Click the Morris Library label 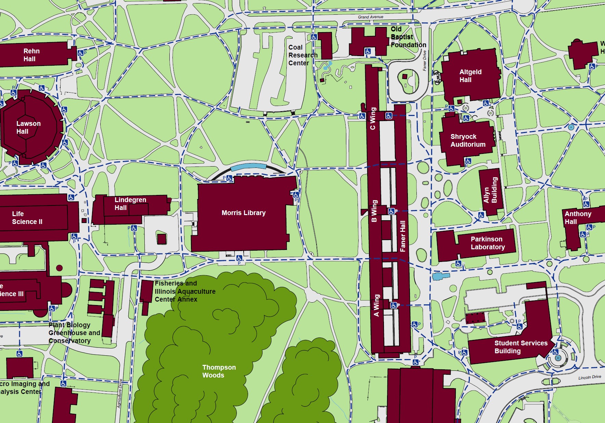coord(243,213)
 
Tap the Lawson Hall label coord(28,127)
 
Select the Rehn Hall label coord(31,55)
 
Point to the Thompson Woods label coord(219,371)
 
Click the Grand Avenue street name coord(371,17)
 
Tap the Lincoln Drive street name coord(590,377)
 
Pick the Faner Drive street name coord(425,61)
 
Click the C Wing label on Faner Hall coord(373,119)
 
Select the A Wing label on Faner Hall coord(376,305)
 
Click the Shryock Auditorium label coord(467,140)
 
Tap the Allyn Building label coord(490,190)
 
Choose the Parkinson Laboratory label coord(487,243)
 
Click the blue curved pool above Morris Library coord(248,167)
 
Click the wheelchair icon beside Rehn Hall coord(80,53)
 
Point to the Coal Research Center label coord(302,55)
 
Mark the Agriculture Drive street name coord(120,393)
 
